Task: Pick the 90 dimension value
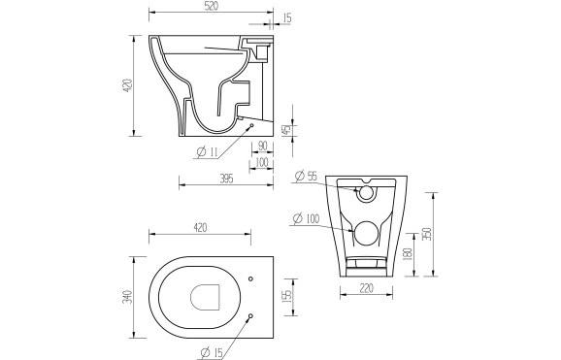(x=261, y=147)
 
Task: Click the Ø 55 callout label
(x=306, y=176)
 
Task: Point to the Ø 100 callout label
(x=307, y=219)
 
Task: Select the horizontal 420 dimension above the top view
(x=200, y=228)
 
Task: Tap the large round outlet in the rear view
(x=367, y=234)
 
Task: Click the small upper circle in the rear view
(x=367, y=194)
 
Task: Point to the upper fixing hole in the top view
(x=250, y=280)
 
